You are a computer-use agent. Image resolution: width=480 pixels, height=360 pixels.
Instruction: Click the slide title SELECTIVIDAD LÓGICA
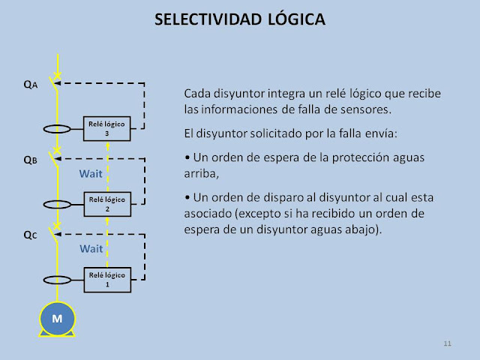(x=239, y=21)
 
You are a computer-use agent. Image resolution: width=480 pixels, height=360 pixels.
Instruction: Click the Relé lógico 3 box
(x=107, y=127)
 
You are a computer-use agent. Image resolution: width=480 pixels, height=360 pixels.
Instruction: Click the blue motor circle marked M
(x=57, y=319)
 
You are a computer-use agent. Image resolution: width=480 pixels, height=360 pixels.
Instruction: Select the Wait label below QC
(x=91, y=248)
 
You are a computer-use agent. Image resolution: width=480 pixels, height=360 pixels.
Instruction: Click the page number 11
(x=447, y=343)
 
